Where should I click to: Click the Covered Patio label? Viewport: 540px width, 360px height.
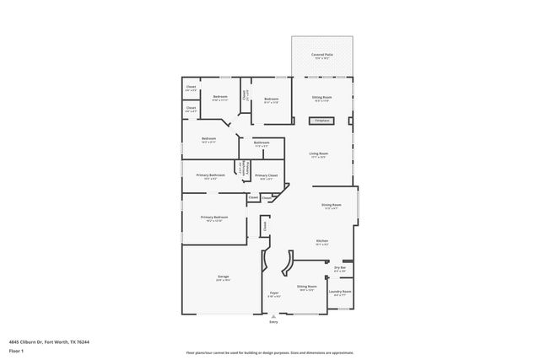click(321, 55)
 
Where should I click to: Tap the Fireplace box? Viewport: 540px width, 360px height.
click(321, 121)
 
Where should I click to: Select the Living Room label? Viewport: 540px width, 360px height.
click(318, 153)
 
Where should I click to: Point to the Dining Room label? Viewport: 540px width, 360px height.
click(331, 206)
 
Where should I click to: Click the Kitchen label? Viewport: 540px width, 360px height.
click(321, 241)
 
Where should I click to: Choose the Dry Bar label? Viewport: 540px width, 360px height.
click(340, 268)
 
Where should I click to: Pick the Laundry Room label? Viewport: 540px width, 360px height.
click(340, 292)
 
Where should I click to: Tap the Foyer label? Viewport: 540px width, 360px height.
click(273, 293)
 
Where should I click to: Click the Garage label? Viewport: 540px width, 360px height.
click(224, 277)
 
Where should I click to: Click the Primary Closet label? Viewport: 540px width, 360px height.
click(267, 175)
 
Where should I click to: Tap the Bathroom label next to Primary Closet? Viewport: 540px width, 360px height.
click(262, 142)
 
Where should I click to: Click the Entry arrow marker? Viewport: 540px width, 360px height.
click(273, 315)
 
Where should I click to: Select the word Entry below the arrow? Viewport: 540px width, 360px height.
click(273, 322)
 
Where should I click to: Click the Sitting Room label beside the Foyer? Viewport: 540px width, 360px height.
click(306, 287)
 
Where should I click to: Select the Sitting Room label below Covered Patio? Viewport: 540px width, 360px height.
click(321, 98)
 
